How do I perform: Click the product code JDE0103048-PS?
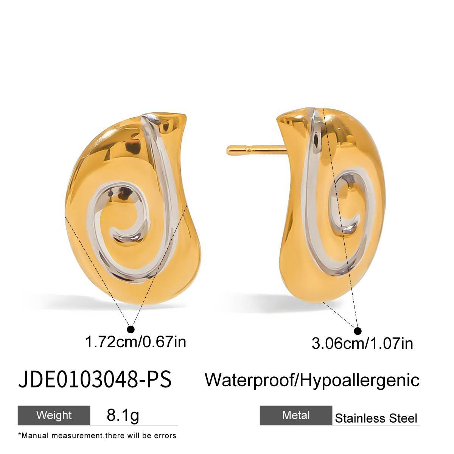point(95,379)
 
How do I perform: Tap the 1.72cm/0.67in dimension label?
point(136,342)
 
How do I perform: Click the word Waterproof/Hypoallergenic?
point(312,379)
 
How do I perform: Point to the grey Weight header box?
point(54,415)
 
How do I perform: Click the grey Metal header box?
point(296,415)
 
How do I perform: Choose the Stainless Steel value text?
point(376,418)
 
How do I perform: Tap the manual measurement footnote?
point(97,435)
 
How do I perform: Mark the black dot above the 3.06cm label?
point(358,330)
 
